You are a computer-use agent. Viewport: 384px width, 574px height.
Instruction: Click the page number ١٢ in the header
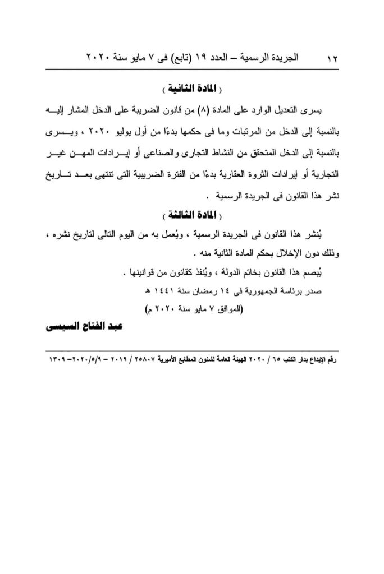(331, 58)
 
